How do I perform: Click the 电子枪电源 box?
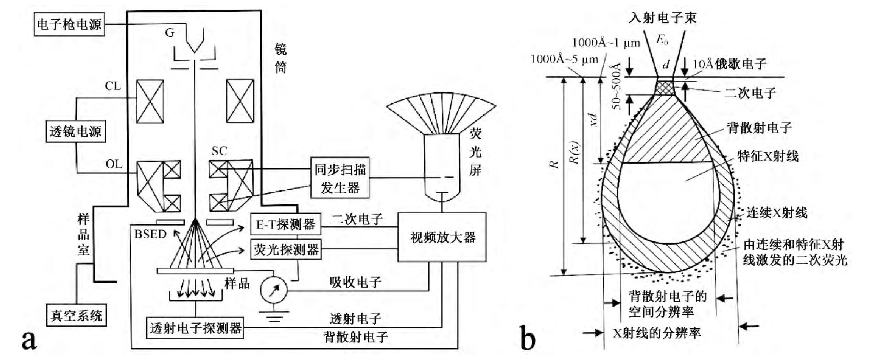(x=69, y=24)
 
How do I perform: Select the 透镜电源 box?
(x=75, y=131)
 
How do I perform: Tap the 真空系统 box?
(x=76, y=315)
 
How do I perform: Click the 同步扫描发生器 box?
(x=340, y=178)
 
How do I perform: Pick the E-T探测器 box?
(x=285, y=225)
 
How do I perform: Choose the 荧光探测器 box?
(x=286, y=250)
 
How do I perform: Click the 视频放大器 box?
(x=442, y=237)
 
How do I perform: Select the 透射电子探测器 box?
(x=195, y=328)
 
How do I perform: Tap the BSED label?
(x=150, y=234)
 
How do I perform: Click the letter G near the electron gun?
(x=170, y=33)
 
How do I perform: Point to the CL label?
(x=113, y=86)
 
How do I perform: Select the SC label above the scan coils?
(x=219, y=151)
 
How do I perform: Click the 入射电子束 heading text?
(x=663, y=18)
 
